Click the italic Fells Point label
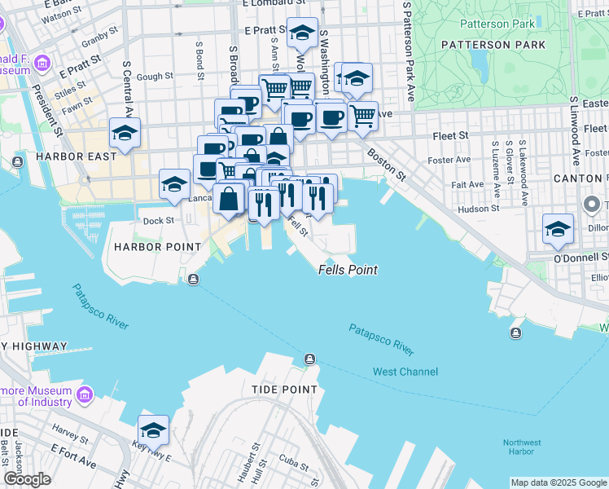pyautogui.click(x=348, y=270)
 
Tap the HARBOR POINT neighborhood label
pyautogui.click(x=157, y=246)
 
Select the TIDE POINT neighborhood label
pyautogui.click(x=284, y=390)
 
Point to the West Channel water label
pyautogui.click(x=405, y=372)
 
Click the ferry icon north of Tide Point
pyautogui.click(x=309, y=359)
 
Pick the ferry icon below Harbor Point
pyautogui.click(x=193, y=280)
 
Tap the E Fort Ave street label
pyautogui.click(x=73, y=456)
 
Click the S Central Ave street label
pyautogui.click(x=126, y=86)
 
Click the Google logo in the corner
pyautogui.click(x=27, y=479)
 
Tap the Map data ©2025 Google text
pyautogui.click(x=558, y=482)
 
